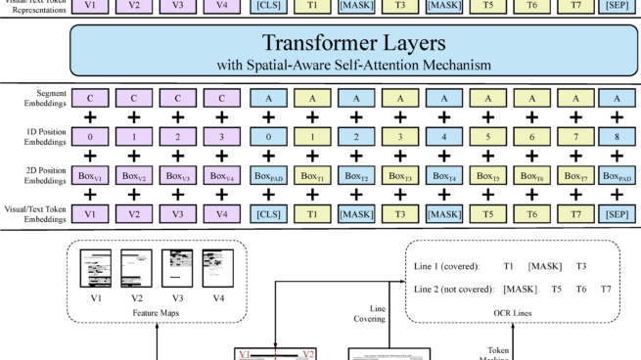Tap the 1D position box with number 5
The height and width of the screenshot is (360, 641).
coord(486,138)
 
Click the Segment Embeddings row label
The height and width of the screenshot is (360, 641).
coord(31,99)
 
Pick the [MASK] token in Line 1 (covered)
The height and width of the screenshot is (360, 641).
coord(542,265)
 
